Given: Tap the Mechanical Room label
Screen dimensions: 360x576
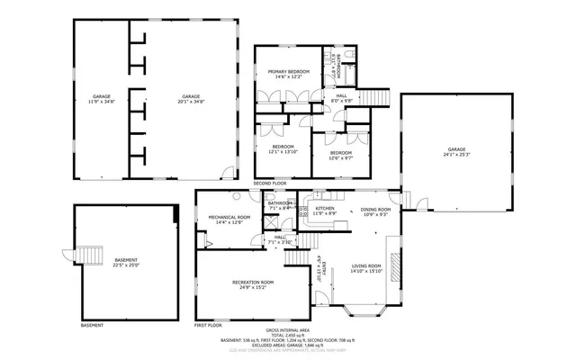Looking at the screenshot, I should [x=229, y=219].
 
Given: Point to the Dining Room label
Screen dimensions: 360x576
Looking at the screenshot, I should [x=374, y=212].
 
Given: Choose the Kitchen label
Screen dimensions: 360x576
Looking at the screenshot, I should [x=325, y=211].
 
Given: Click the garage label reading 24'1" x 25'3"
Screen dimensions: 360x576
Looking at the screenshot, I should [x=456, y=151].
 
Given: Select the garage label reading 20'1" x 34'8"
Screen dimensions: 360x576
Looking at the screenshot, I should [x=191, y=99].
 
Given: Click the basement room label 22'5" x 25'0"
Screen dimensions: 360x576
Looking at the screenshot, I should [x=126, y=262].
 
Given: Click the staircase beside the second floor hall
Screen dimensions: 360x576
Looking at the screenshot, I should [x=374, y=97].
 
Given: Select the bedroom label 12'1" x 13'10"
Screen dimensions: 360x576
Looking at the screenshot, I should [x=283, y=148].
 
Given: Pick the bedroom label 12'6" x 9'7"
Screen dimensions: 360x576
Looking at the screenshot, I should [x=340, y=155].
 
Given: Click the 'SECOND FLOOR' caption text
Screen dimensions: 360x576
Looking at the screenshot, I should [x=269, y=184].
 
